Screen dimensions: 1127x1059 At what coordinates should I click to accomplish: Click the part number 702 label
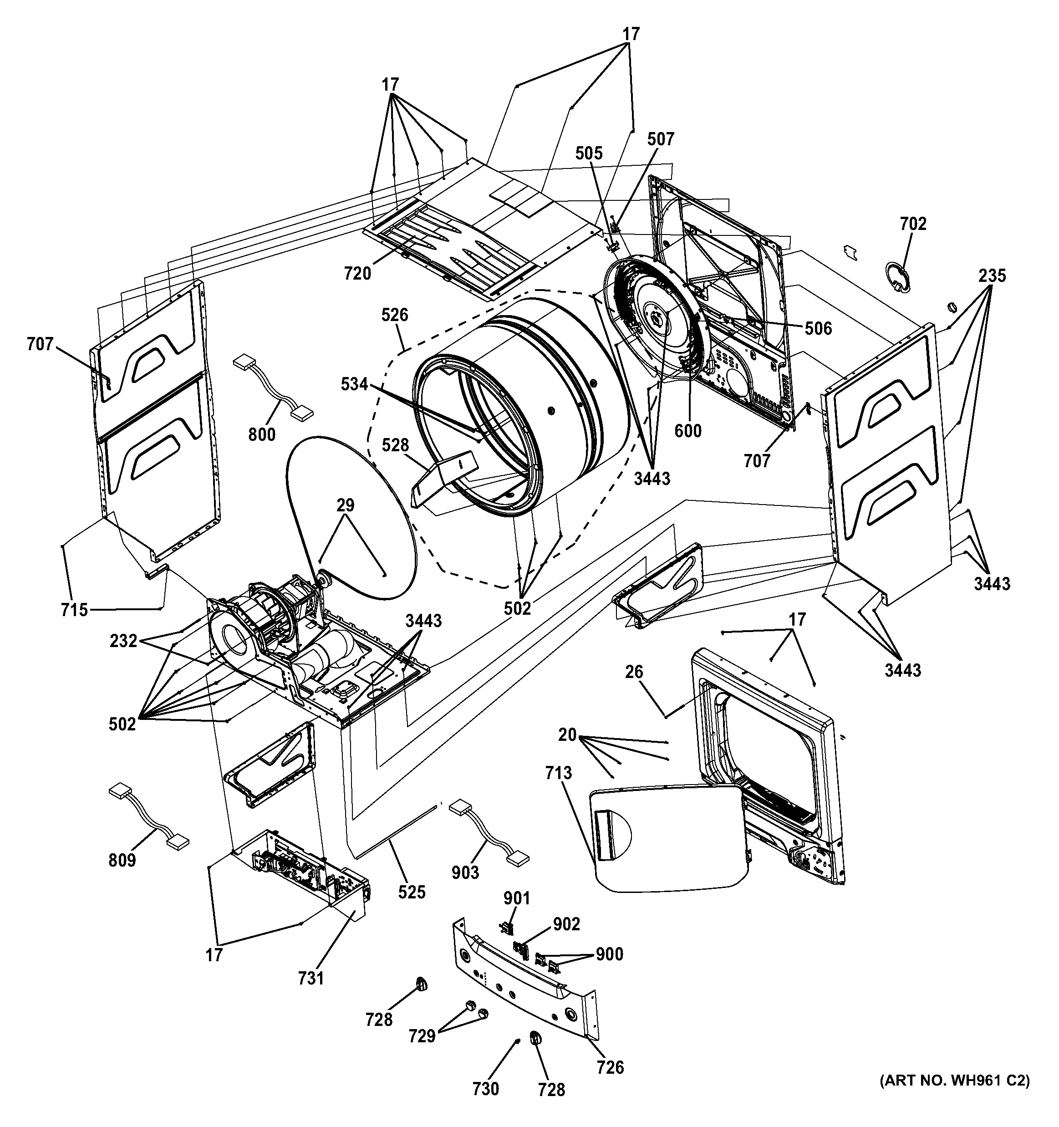913,224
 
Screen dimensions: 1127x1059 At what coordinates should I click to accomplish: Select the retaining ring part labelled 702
898,278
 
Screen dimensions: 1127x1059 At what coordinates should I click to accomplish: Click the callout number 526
395,315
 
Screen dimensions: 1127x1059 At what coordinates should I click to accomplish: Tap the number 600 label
687,431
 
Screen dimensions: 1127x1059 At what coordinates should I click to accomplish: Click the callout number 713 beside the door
559,773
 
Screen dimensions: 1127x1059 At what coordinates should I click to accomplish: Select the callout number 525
412,892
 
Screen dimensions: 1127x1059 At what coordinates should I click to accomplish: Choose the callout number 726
610,1067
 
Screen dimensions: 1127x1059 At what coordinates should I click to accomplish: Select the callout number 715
75,610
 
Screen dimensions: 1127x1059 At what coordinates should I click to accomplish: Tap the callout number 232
123,641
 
